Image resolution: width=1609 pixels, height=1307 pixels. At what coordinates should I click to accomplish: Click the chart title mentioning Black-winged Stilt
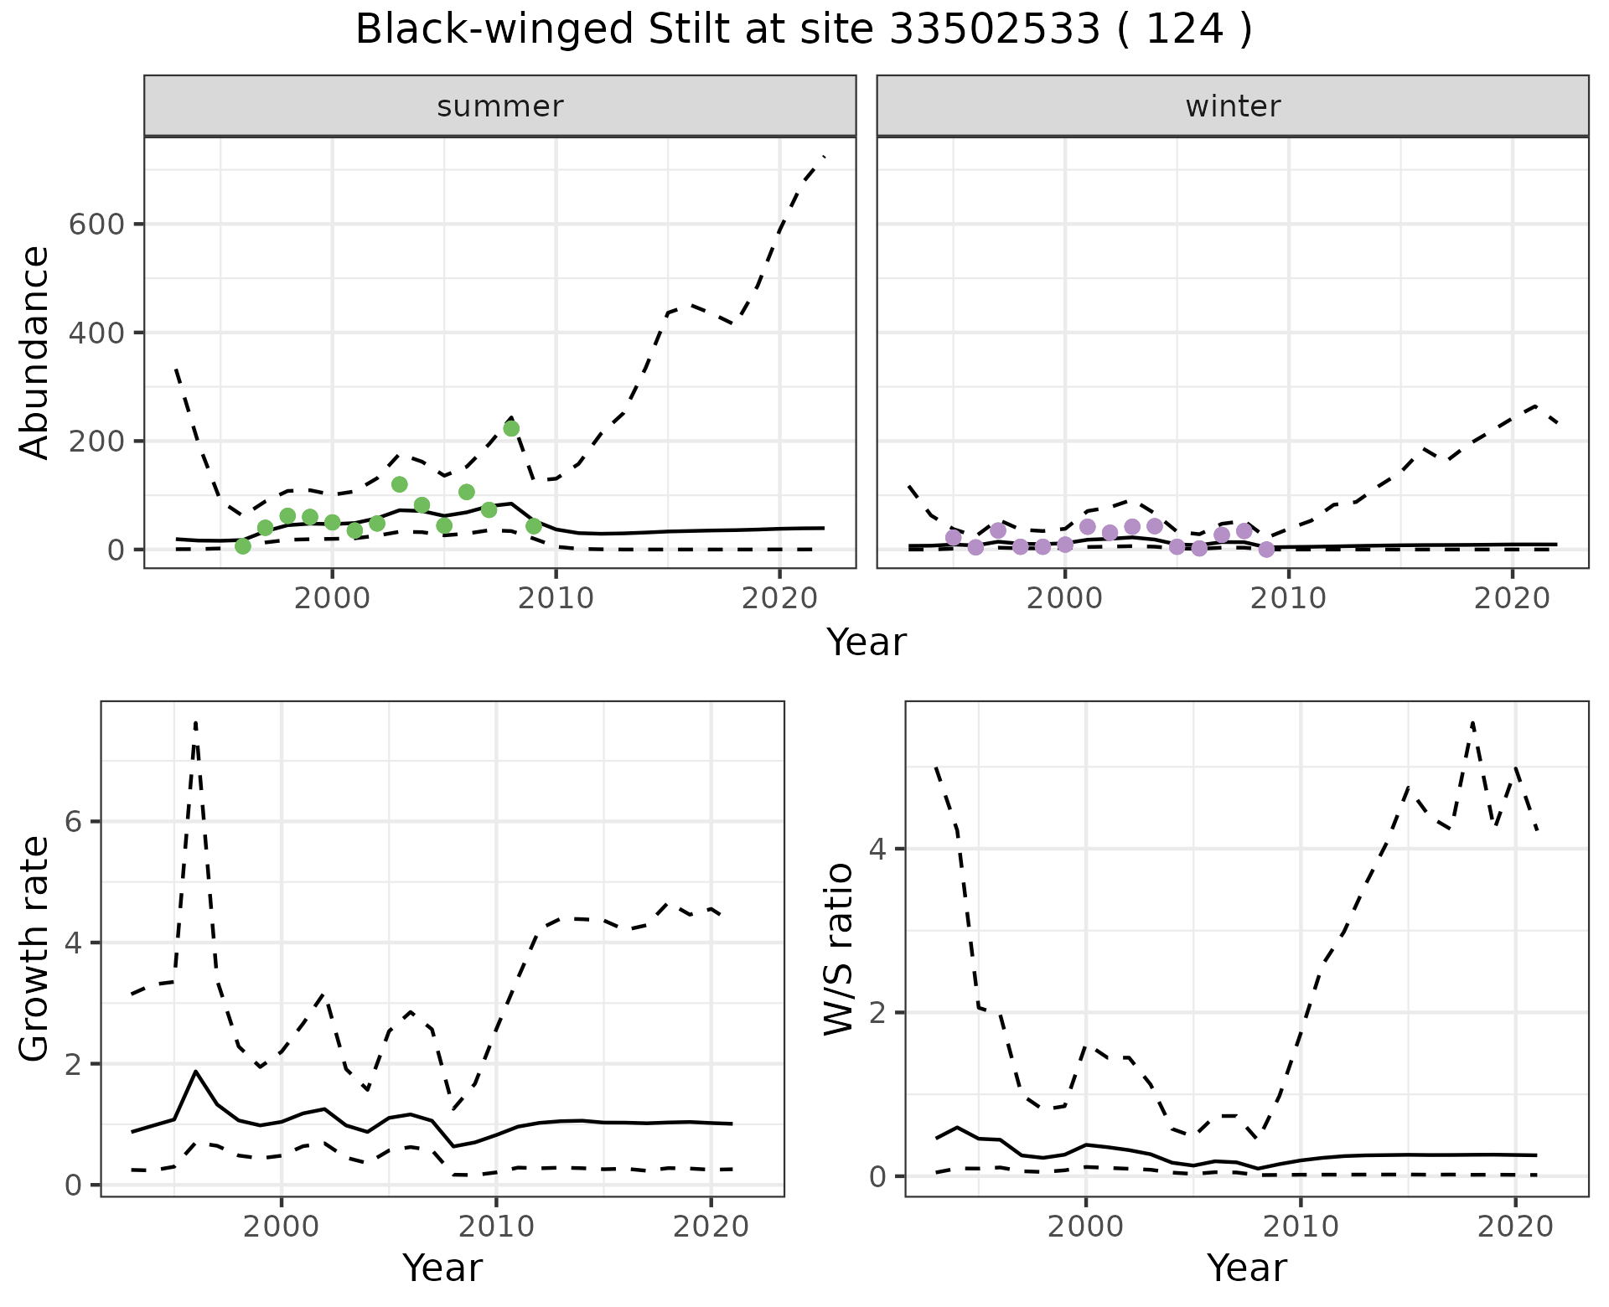pos(804,30)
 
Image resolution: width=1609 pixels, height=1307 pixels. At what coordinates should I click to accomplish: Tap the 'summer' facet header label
pos(500,106)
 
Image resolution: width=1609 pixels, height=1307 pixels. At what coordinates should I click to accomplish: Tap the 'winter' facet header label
pos(1233,106)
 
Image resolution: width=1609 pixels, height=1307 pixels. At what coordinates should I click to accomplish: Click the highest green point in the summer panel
pos(511,428)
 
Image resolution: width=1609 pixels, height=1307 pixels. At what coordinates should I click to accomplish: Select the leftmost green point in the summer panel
pos(243,546)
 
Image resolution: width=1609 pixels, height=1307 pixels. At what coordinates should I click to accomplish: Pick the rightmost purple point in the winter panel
pos(1266,550)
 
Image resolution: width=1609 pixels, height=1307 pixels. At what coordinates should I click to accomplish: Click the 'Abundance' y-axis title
pos(35,352)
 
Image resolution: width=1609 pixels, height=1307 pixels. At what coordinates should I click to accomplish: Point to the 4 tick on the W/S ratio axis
pos(877,849)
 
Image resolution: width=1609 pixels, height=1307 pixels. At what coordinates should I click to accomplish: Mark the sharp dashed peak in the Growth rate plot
pos(195,722)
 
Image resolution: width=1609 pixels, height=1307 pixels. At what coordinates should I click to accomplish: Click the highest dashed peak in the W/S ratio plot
pos(1472,722)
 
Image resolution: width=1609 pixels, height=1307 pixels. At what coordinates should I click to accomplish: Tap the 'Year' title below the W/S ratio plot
pos(1246,1268)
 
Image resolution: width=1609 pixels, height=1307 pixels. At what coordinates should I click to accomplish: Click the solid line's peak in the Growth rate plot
pos(195,1072)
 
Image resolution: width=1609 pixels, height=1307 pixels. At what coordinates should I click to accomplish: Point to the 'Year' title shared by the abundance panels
pos(867,643)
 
